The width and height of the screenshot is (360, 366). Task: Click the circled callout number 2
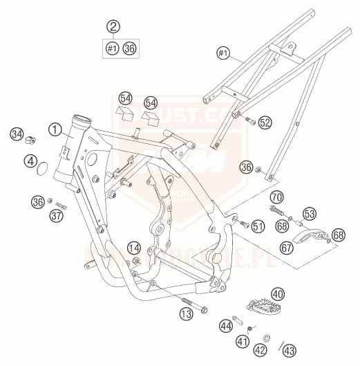[x=113, y=27]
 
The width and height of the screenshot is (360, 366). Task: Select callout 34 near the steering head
[x=17, y=132]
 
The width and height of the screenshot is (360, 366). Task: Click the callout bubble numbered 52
[x=266, y=122]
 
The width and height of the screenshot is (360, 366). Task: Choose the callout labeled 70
[x=276, y=196]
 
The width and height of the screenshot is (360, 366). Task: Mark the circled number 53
[x=310, y=214]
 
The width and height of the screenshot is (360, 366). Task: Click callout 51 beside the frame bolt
[x=258, y=225]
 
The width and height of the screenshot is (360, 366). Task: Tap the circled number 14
[x=134, y=248]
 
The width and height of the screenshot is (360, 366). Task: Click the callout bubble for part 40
[x=278, y=295]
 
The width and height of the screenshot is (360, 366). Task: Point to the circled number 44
[x=225, y=324]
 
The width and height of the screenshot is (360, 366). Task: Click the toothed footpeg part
[x=259, y=306]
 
